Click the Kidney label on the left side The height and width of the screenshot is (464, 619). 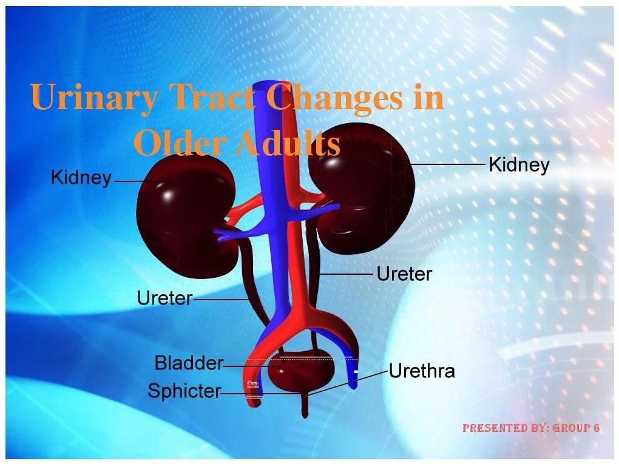[81, 178]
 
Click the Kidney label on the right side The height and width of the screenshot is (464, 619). [519, 164]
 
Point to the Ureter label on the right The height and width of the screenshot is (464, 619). [404, 274]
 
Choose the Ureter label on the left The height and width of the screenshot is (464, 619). [164, 298]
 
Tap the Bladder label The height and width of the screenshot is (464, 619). [189, 363]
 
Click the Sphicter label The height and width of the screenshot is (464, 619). [184, 391]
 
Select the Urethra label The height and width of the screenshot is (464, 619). [422, 371]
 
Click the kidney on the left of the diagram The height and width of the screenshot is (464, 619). [176, 206]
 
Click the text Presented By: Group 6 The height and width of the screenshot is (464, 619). [531, 428]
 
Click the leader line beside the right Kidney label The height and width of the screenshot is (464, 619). [449, 164]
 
